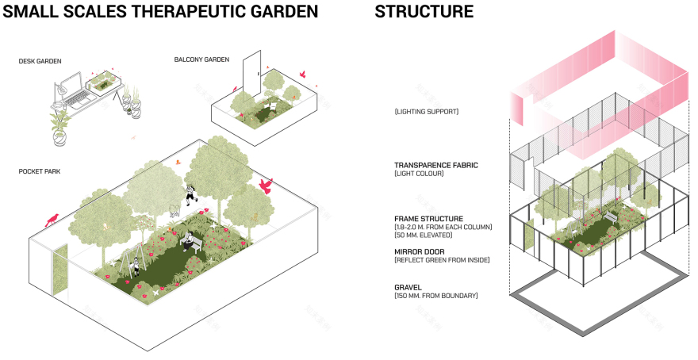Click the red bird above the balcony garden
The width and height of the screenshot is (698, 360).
pos(302,74)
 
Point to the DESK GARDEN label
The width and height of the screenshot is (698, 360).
pos(40,61)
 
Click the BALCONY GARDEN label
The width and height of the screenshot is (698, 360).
pos(201,59)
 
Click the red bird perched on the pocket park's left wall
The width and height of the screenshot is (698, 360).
pos(55,217)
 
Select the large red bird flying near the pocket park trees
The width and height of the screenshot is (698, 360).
pos(267,186)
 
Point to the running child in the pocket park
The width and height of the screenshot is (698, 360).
pos(190,194)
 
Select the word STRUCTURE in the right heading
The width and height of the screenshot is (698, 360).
pos(424,12)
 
